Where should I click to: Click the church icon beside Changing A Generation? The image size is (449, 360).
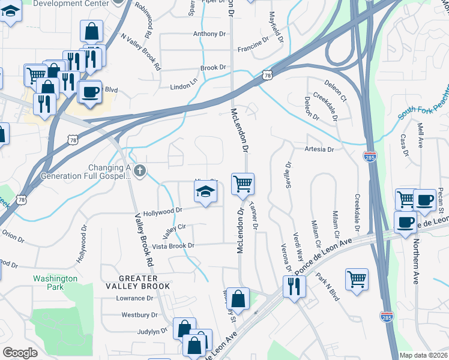coord(139,172)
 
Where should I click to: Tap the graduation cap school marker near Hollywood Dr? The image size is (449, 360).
coord(205,193)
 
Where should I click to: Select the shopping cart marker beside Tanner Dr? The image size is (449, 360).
coord(243,184)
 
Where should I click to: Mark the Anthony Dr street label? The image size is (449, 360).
coord(209,34)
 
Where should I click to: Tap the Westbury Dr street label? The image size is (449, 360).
coord(139,314)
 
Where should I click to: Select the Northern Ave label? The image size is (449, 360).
coord(415,262)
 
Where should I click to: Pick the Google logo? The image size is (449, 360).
coord(20,353)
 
